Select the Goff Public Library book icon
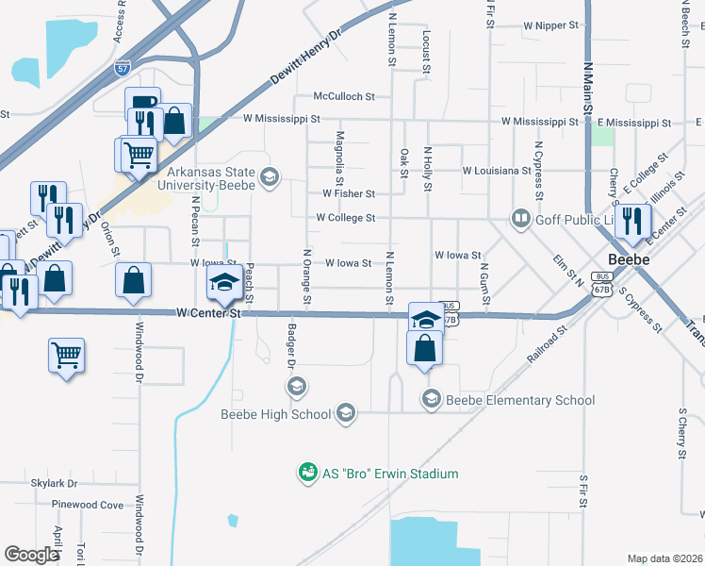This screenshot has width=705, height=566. coord(520,218)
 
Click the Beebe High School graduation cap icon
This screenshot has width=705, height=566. coord(346,413)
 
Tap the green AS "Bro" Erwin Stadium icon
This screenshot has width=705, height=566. coord(307,473)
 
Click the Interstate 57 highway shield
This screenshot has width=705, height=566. coord(123,68)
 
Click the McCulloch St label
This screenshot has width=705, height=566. coord(344,96)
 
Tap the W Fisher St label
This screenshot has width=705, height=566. coord(349,193)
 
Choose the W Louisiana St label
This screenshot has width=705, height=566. coord(497,171)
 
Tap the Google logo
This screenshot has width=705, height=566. coord(31,554)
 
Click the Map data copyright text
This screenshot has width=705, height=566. coord(664,558)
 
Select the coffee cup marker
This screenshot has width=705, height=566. coord(142,102)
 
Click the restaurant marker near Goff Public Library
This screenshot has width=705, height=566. coord(632,220)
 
